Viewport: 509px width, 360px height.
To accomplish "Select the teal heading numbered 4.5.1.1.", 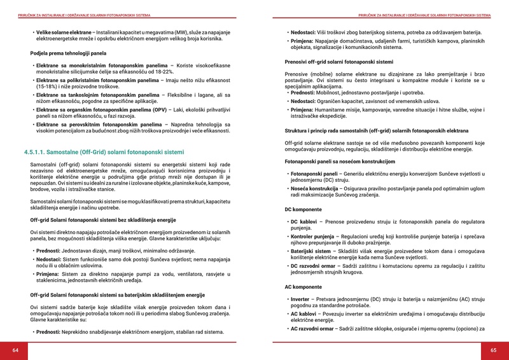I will pos(104,153).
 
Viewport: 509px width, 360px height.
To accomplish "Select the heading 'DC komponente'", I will pos(303,209).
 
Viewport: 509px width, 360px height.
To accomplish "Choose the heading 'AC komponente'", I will pos(303,287).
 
